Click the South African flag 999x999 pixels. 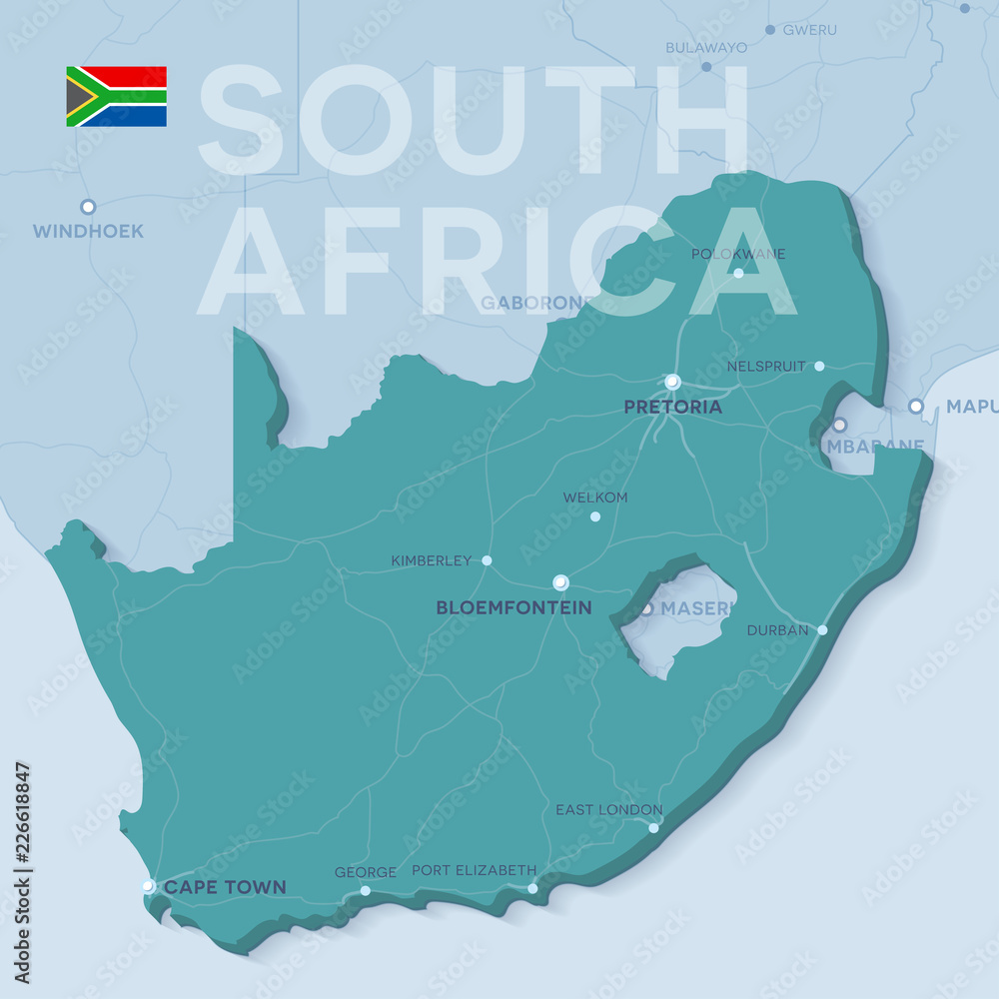coord(116,96)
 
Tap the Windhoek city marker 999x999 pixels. coord(88,207)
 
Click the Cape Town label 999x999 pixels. coord(225,887)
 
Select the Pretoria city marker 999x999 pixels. coord(672,382)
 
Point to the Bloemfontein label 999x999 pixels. coord(513,607)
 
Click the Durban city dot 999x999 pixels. coord(822,629)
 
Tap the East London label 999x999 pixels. coord(608,809)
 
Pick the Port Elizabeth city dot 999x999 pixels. coord(532,888)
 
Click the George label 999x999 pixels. coord(365,872)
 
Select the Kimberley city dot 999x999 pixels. coord(487,560)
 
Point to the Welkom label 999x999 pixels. coord(594,498)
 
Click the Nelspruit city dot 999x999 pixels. coord(819,366)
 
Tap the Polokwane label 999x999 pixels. coord(737,254)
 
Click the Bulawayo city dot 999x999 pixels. coord(706,67)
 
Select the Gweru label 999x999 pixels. coord(809,30)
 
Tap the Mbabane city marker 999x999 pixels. coord(839,425)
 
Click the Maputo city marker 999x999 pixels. coord(915,406)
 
